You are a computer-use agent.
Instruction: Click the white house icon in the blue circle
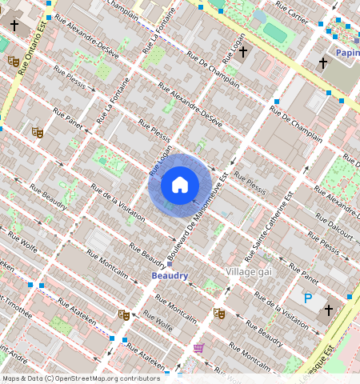(180, 186)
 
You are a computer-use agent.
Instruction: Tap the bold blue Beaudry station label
(170, 276)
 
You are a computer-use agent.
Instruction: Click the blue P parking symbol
(308, 298)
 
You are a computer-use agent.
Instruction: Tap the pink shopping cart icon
(198, 348)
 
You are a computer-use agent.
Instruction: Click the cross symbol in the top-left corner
(14, 25)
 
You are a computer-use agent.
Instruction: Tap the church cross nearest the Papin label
(323, 62)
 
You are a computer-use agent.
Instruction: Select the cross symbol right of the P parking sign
(328, 310)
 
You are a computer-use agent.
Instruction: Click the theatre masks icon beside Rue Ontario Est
(13, 61)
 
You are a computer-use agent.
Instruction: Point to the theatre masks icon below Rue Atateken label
(122, 315)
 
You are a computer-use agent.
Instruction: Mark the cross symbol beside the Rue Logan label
(243, 52)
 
